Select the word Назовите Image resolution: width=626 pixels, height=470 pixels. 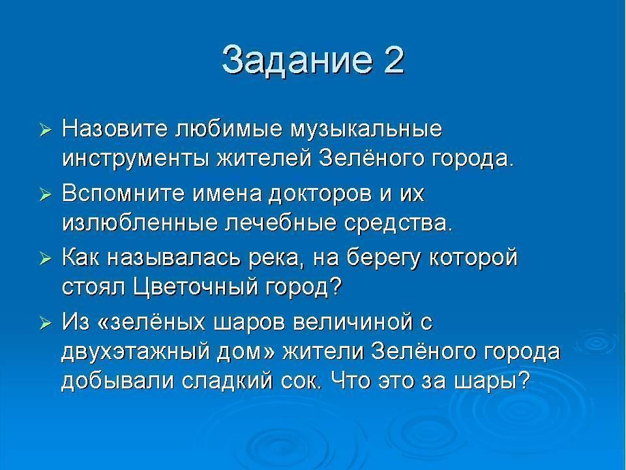115,129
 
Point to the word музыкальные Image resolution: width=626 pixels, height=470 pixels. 366,129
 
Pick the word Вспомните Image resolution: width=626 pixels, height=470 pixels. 123,193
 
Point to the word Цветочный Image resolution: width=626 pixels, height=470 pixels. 196,287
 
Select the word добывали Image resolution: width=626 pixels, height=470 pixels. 118,381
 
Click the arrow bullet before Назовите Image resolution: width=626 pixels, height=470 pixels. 46,131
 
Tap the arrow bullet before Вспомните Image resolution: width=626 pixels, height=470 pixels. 46,195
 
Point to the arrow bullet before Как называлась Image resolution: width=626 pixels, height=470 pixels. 46,259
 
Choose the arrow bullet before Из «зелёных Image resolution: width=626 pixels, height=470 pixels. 46,324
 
